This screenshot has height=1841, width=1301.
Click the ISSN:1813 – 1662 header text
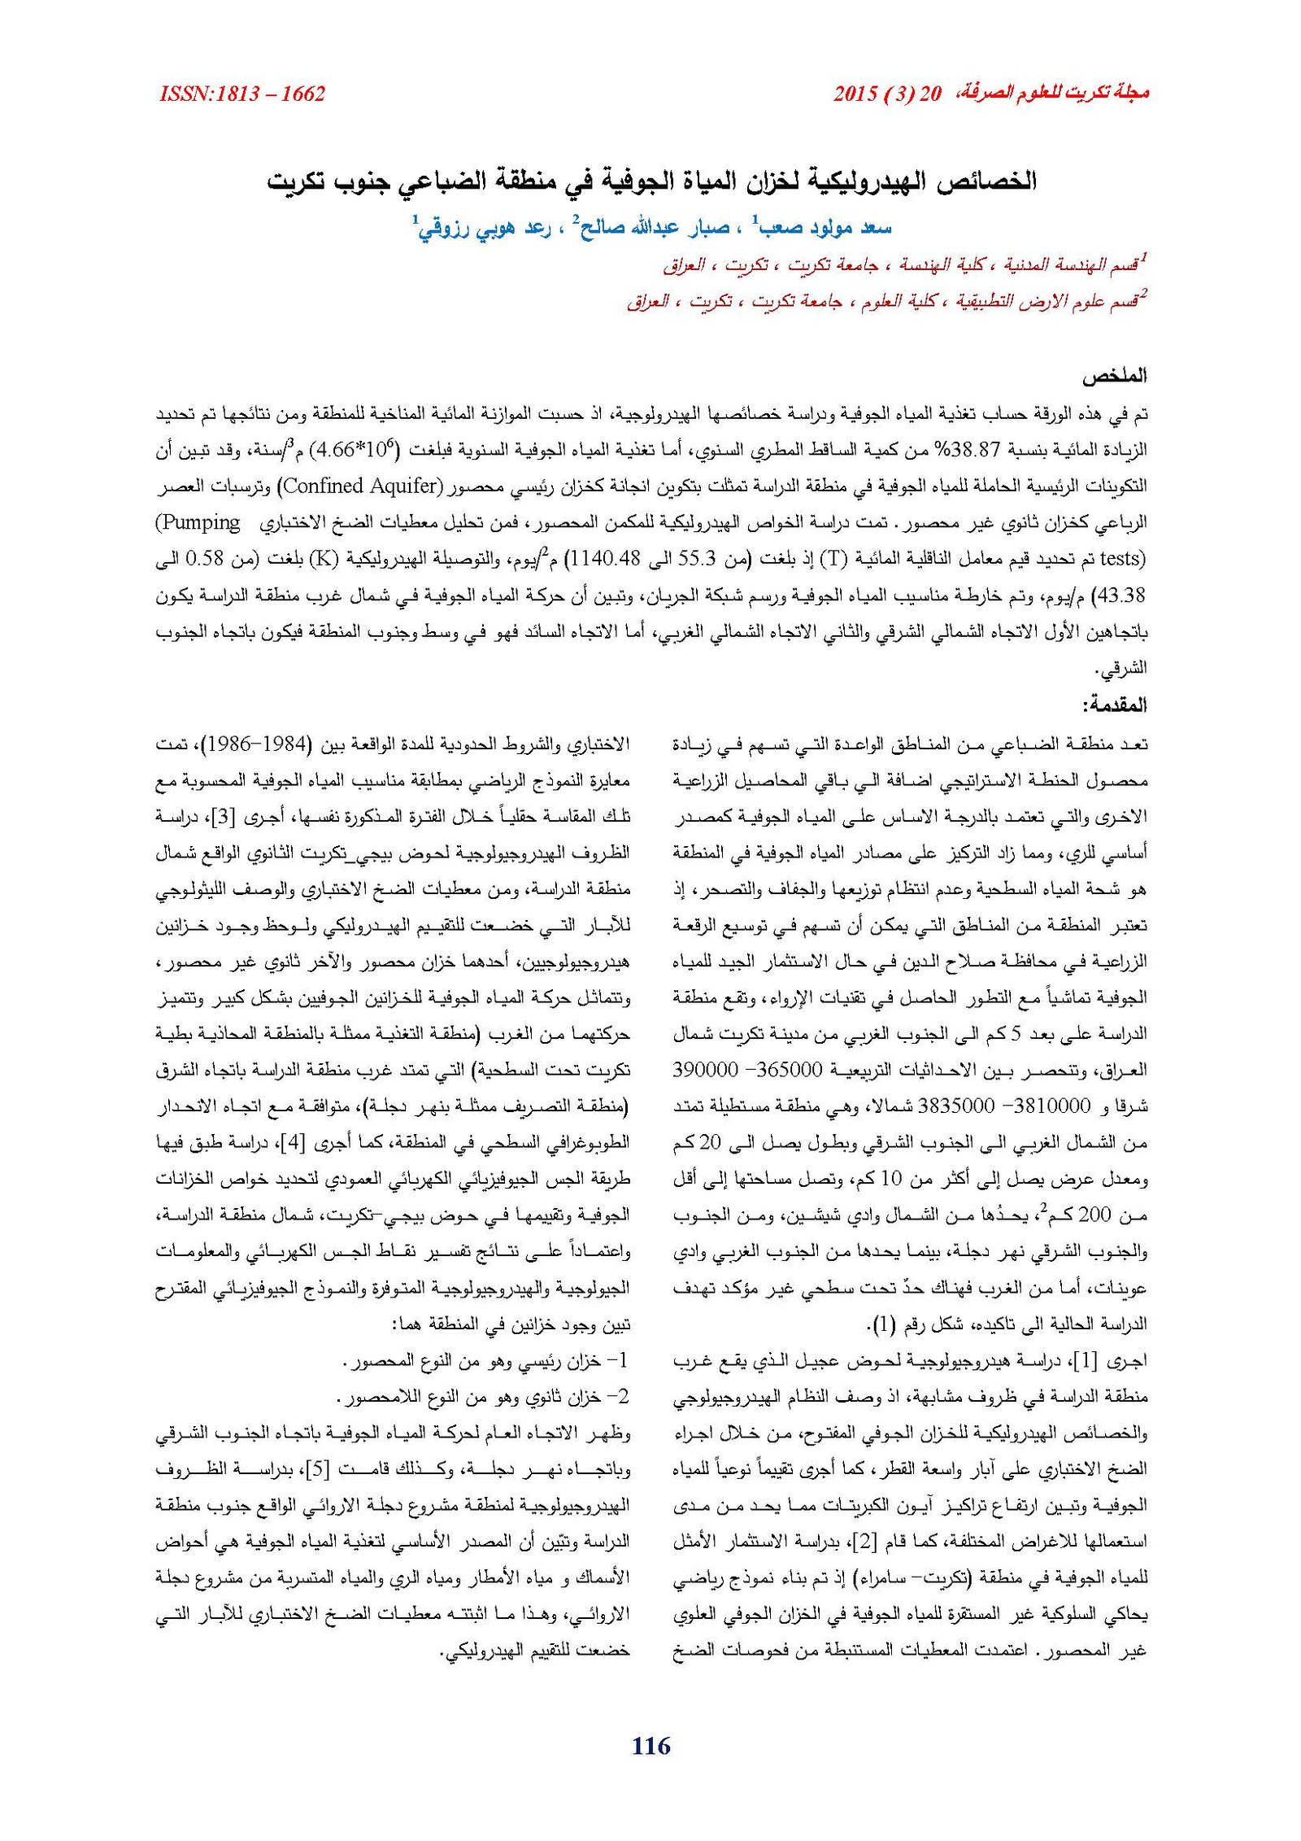click(242, 94)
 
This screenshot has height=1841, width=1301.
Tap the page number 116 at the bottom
click(650, 1744)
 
